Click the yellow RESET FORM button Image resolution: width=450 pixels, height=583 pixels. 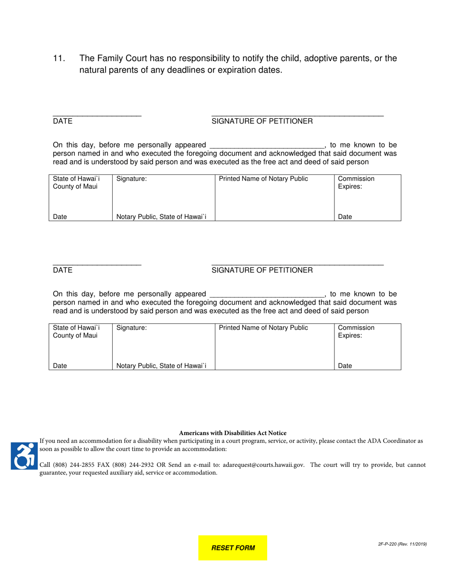pos(233,548)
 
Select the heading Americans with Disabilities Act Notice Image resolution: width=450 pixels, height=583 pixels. pos(233,433)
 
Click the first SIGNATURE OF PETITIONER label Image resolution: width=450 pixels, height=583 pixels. pos(262,121)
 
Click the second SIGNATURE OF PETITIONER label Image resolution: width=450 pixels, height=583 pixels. pos(262,270)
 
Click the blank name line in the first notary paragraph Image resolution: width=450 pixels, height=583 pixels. pos(267,146)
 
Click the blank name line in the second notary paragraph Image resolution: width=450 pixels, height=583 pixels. pos(267,295)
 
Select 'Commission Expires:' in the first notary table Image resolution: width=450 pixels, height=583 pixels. pos(356,182)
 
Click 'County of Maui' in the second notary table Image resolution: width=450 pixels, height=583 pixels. pos(75,336)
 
